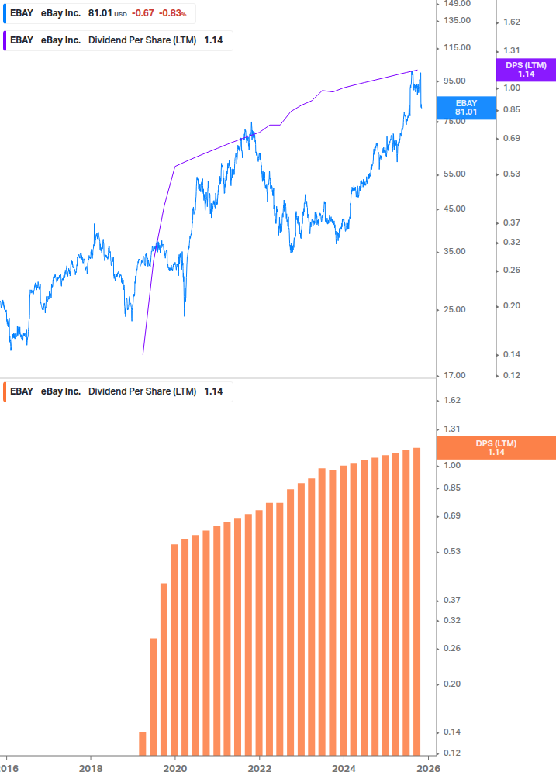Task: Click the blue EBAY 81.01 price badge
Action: [x=466, y=108]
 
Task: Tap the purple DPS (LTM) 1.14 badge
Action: [x=525, y=70]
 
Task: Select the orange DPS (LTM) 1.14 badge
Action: [x=496, y=448]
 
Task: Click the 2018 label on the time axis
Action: [x=91, y=768]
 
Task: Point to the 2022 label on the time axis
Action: [x=259, y=768]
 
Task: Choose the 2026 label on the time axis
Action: [x=428, y=768]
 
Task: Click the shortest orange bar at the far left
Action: [x=143, y=743]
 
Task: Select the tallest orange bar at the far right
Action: [x=416, y=601]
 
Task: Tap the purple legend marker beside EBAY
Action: [x=6, y=40]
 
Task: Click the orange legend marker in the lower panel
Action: [x=6, y=391]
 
